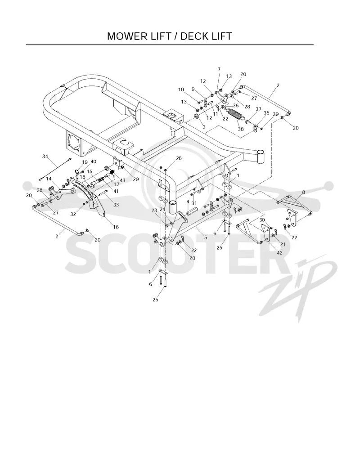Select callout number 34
[x=45, y=157]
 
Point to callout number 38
[x=241, y=129]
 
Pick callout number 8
[x=303, y=192]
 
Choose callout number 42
[x=279, y=253]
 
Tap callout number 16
[x=116, y=227]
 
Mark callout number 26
[x=179, y=158]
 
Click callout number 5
[x=206, y=237]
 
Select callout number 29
[x=135, y=179]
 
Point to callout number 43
[x=122, y=180]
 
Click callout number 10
[x=181, y=90]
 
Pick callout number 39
[x=276, y=114]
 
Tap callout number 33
[x=116, y=204]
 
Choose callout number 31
[x=194, y=203]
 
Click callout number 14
[x=49, y=179]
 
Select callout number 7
[x=219, y=69]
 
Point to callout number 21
[x=283, y=244]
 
